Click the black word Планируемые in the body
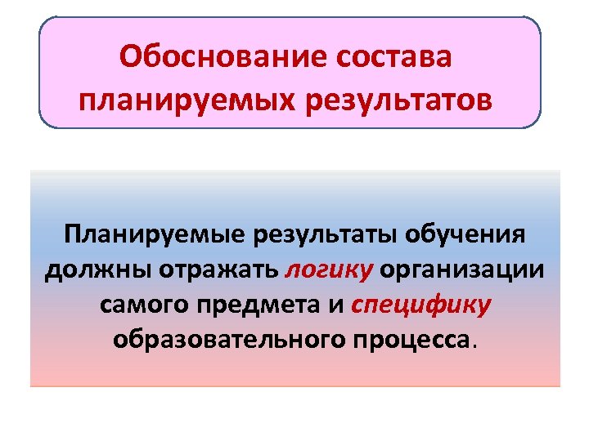point(155,236)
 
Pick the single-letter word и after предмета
point(337,305)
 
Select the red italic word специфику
point(420,305)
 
